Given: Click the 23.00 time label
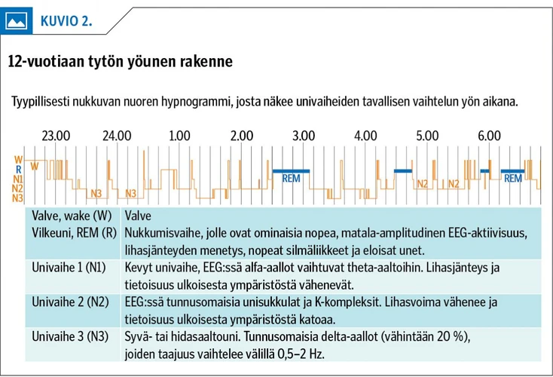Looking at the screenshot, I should pyautogui.click(x=56, y=136).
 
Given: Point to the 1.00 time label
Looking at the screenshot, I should pyautogui.click(x=179, y=136).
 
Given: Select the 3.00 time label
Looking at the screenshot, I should pyautogui.click(x=303, y=136).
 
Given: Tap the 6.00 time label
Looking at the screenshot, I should pyautogui.click(x=489, y=136).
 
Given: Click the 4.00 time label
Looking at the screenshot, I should pyautogui.click(x=365, y=136).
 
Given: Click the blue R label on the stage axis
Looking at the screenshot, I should pyautogui.click(x=18, y=170).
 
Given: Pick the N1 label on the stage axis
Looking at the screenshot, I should pyautogui.click(x=17, y=179).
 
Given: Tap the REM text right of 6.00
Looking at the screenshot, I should pyautogui.click(x=513, y=179).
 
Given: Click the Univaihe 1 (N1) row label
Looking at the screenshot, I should pyautogui.click(x=69, y=268).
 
